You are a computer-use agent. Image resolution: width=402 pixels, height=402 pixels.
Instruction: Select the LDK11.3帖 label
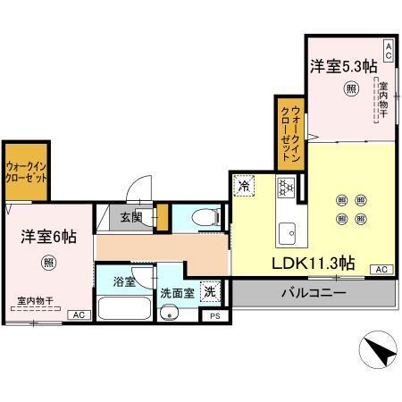[314, 264]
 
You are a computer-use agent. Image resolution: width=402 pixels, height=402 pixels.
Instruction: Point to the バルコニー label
[314, 291]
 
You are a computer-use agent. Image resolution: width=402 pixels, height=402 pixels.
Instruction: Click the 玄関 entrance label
[132, 217]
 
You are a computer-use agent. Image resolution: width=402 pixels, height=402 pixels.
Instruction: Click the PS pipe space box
[214, 315]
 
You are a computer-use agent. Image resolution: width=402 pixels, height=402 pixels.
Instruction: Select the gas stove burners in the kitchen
[286, 187]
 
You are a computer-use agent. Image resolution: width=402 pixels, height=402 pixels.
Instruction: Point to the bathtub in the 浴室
[125, 308]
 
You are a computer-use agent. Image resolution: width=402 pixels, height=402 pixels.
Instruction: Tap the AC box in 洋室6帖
[79, 314]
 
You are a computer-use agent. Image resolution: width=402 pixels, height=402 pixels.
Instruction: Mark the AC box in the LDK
[380, 269]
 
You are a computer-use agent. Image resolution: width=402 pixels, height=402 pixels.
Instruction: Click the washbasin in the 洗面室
[171, 314]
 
